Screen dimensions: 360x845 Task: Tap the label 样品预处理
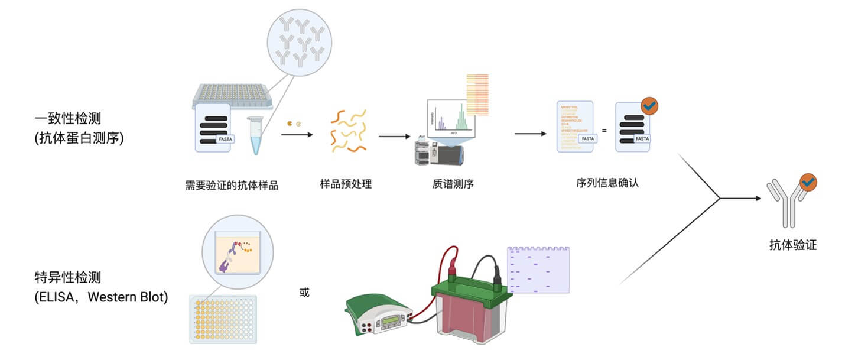[x=346, y=184]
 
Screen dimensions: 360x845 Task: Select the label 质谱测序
[x=453, y=184]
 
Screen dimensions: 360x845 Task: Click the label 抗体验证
[x=793, y=245]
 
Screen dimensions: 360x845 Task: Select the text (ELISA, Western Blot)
[x=101, y=296]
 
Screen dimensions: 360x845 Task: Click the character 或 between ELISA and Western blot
[x=304, y=293]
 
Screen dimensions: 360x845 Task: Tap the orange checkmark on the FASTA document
[x=649, y=106]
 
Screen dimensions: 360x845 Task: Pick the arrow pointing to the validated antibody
[x=741, y=198]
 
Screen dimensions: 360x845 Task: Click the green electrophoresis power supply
[x=379, y=316]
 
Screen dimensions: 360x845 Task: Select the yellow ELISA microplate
[x=223, y=319]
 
